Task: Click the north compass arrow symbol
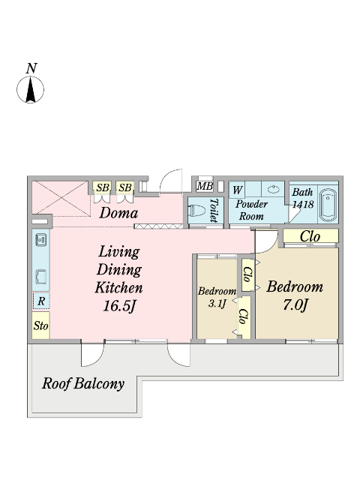30,90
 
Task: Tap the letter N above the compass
31,68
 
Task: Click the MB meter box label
205,186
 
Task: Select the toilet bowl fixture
196,211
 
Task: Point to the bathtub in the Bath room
328,205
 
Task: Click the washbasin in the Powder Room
273,190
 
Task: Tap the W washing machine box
237,190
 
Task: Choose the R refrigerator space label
41,301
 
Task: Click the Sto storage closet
40,325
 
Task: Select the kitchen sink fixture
41,240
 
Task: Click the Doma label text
118,213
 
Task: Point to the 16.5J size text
119,306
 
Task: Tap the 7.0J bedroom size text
295,305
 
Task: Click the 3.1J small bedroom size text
217,304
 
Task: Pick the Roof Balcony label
83,383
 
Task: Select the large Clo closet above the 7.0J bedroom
310,236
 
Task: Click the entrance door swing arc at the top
169,177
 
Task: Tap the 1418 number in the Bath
303,204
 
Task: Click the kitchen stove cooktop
41,277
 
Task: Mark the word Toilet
214,210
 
